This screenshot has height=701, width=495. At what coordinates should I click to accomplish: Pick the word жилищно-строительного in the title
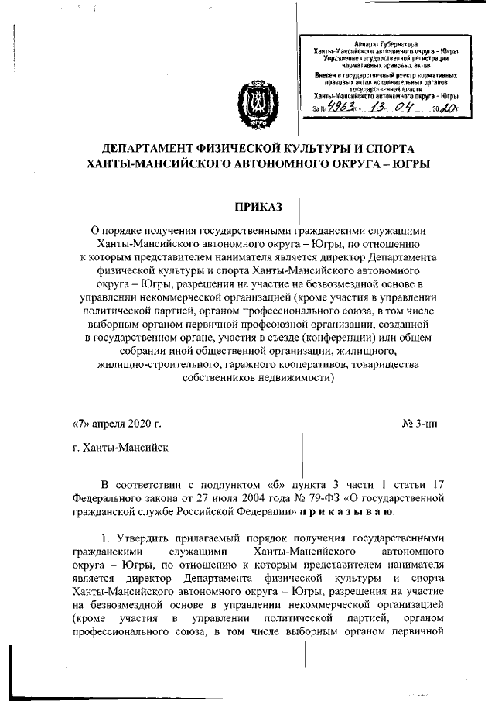[152, 365]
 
